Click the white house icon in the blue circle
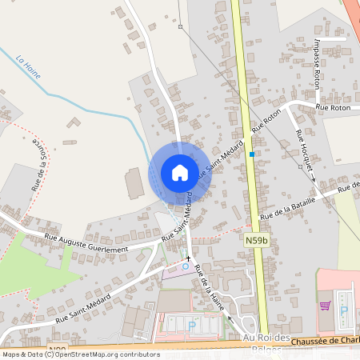(179, 172)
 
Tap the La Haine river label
(29, 66)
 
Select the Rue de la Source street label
(38, 165)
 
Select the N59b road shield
(255, 239)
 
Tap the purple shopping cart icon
(325, 305)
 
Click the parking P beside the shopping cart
(345, 310)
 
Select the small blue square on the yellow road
(251, 154)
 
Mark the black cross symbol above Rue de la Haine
(190, 259)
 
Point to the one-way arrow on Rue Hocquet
(313, 178)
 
